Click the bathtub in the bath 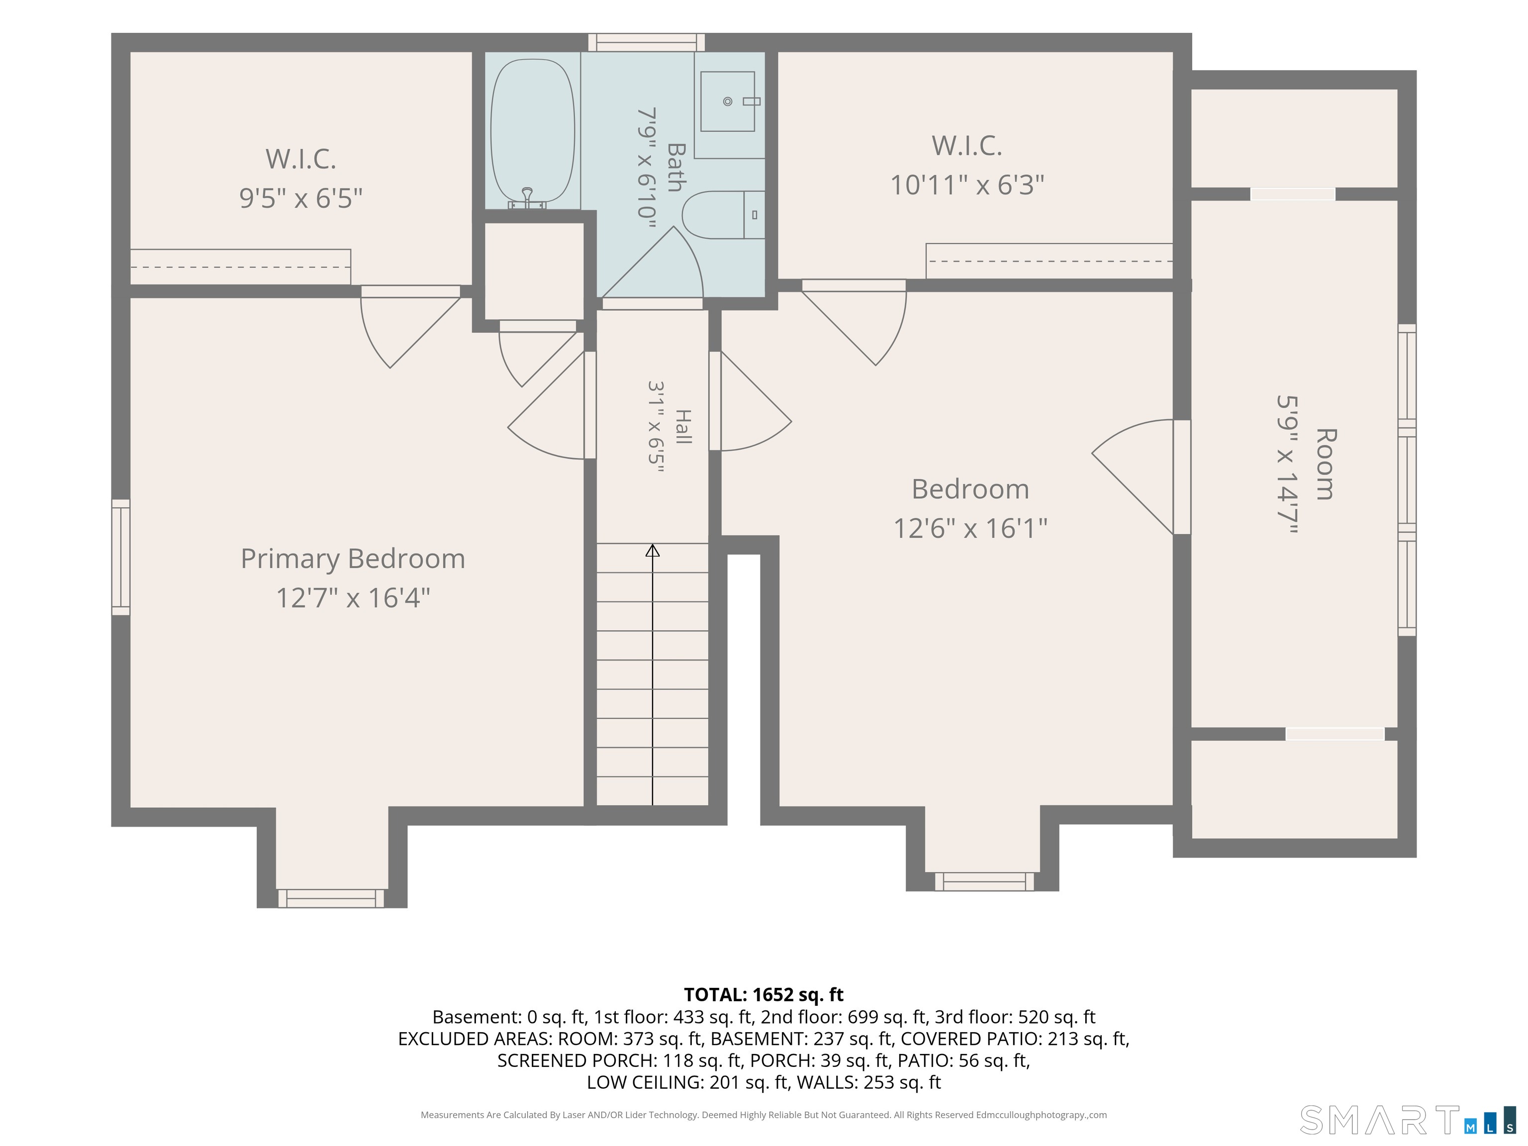click(x=532, y=131)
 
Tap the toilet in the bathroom click(x=723, y=215)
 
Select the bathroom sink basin click(x=727, y=101)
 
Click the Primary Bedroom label click(x=353, y=559)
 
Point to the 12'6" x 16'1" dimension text click(x=970, y=528)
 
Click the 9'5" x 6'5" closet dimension click(x=300, y=198)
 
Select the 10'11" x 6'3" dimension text click(x=967, y=185)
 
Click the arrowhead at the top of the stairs click(x=653, y=551)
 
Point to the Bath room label click(x=675, y=167)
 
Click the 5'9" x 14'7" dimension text click(x=1288, y=464)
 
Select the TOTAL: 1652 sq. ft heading click(x=764, y=995)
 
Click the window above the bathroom click(x=647, y=42)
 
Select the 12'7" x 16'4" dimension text click(x=353, y=597)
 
